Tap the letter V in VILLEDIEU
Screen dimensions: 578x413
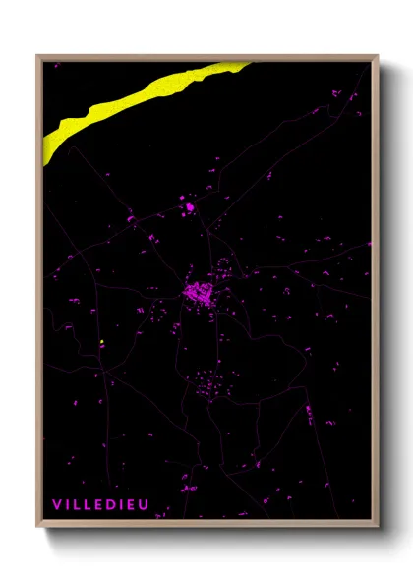click(57, 505)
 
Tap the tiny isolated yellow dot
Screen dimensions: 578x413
click(101, 342)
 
